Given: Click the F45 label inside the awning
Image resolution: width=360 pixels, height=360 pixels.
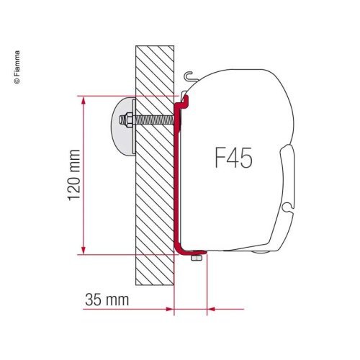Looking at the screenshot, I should point(233,157).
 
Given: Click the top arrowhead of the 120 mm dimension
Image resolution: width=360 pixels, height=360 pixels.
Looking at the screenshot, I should point(86,99).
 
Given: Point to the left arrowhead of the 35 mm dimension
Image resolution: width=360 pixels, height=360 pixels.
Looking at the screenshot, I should point(170,310).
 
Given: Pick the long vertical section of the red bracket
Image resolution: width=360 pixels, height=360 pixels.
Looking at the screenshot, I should point(177,180).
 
